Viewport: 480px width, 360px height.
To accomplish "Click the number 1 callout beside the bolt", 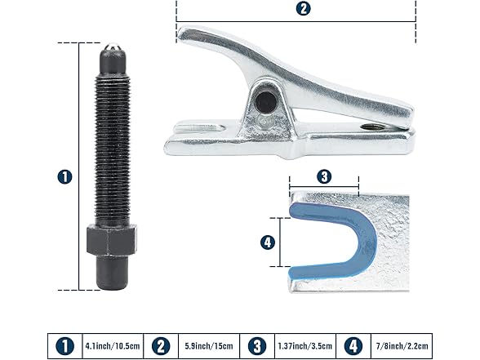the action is pyautogui.click(x=65, y=177).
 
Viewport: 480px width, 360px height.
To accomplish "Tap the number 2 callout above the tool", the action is pyautogui.click(x=303, y=8).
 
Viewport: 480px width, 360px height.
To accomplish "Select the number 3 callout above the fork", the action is pyautogui.click(x=324, y=176).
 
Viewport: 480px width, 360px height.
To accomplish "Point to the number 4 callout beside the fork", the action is pyautogui.click(x=268, y=242).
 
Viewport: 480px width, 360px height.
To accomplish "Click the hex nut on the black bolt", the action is pyautogui.click(x=111, y=240).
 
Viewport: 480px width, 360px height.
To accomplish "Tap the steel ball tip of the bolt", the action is pyautogui.click(x=113, y=47).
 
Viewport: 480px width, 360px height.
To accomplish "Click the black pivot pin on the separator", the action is pyautogui.click(x=265, y=101).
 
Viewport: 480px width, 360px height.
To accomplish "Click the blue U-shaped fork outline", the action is pyautogui.click(x=367, y=238).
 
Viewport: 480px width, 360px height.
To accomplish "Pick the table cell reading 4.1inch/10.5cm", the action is pyautogui.click(x=113, y=346).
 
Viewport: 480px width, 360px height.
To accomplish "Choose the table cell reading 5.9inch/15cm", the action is pyautogui.click(x=209, y=346).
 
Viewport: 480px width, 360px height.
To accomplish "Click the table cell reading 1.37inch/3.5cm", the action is pyautogui.click(x=305, y=346).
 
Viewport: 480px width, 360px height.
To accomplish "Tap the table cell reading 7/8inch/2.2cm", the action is pyautogui.click(x=402, y=346).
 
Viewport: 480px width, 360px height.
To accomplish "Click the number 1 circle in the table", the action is pyautogui.click(x=65, y=346).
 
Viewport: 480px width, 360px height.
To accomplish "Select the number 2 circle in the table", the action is pyautogui.click(x=161, y=346).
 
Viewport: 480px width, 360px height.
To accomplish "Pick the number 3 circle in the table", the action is pyautogui.click(x=257, y=346).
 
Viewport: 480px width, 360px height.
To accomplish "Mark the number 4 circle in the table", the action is pyautogui.click(x=353, y=346).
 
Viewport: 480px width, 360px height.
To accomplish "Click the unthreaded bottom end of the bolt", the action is pyautogui.click(x=112, y=273).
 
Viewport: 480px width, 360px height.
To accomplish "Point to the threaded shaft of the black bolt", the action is pyautogui.click(x=113, y=150).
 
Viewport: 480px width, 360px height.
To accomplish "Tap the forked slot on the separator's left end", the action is pyautogui.click(x=199, y=127).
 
